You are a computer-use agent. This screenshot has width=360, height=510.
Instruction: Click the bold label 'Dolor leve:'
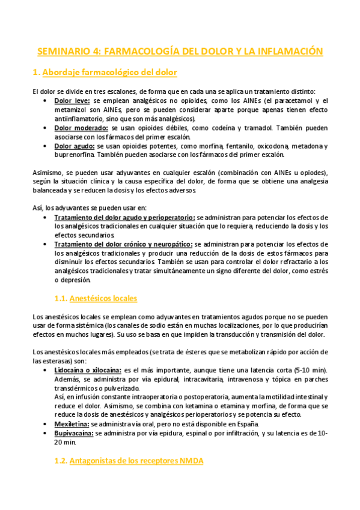coord(73,101)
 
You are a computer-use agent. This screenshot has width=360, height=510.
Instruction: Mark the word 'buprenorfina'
coord(75,155)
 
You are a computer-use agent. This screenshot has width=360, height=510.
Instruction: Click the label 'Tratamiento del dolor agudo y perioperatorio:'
coord(124,217)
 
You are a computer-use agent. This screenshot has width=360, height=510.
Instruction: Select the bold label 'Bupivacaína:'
coord(74,433)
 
